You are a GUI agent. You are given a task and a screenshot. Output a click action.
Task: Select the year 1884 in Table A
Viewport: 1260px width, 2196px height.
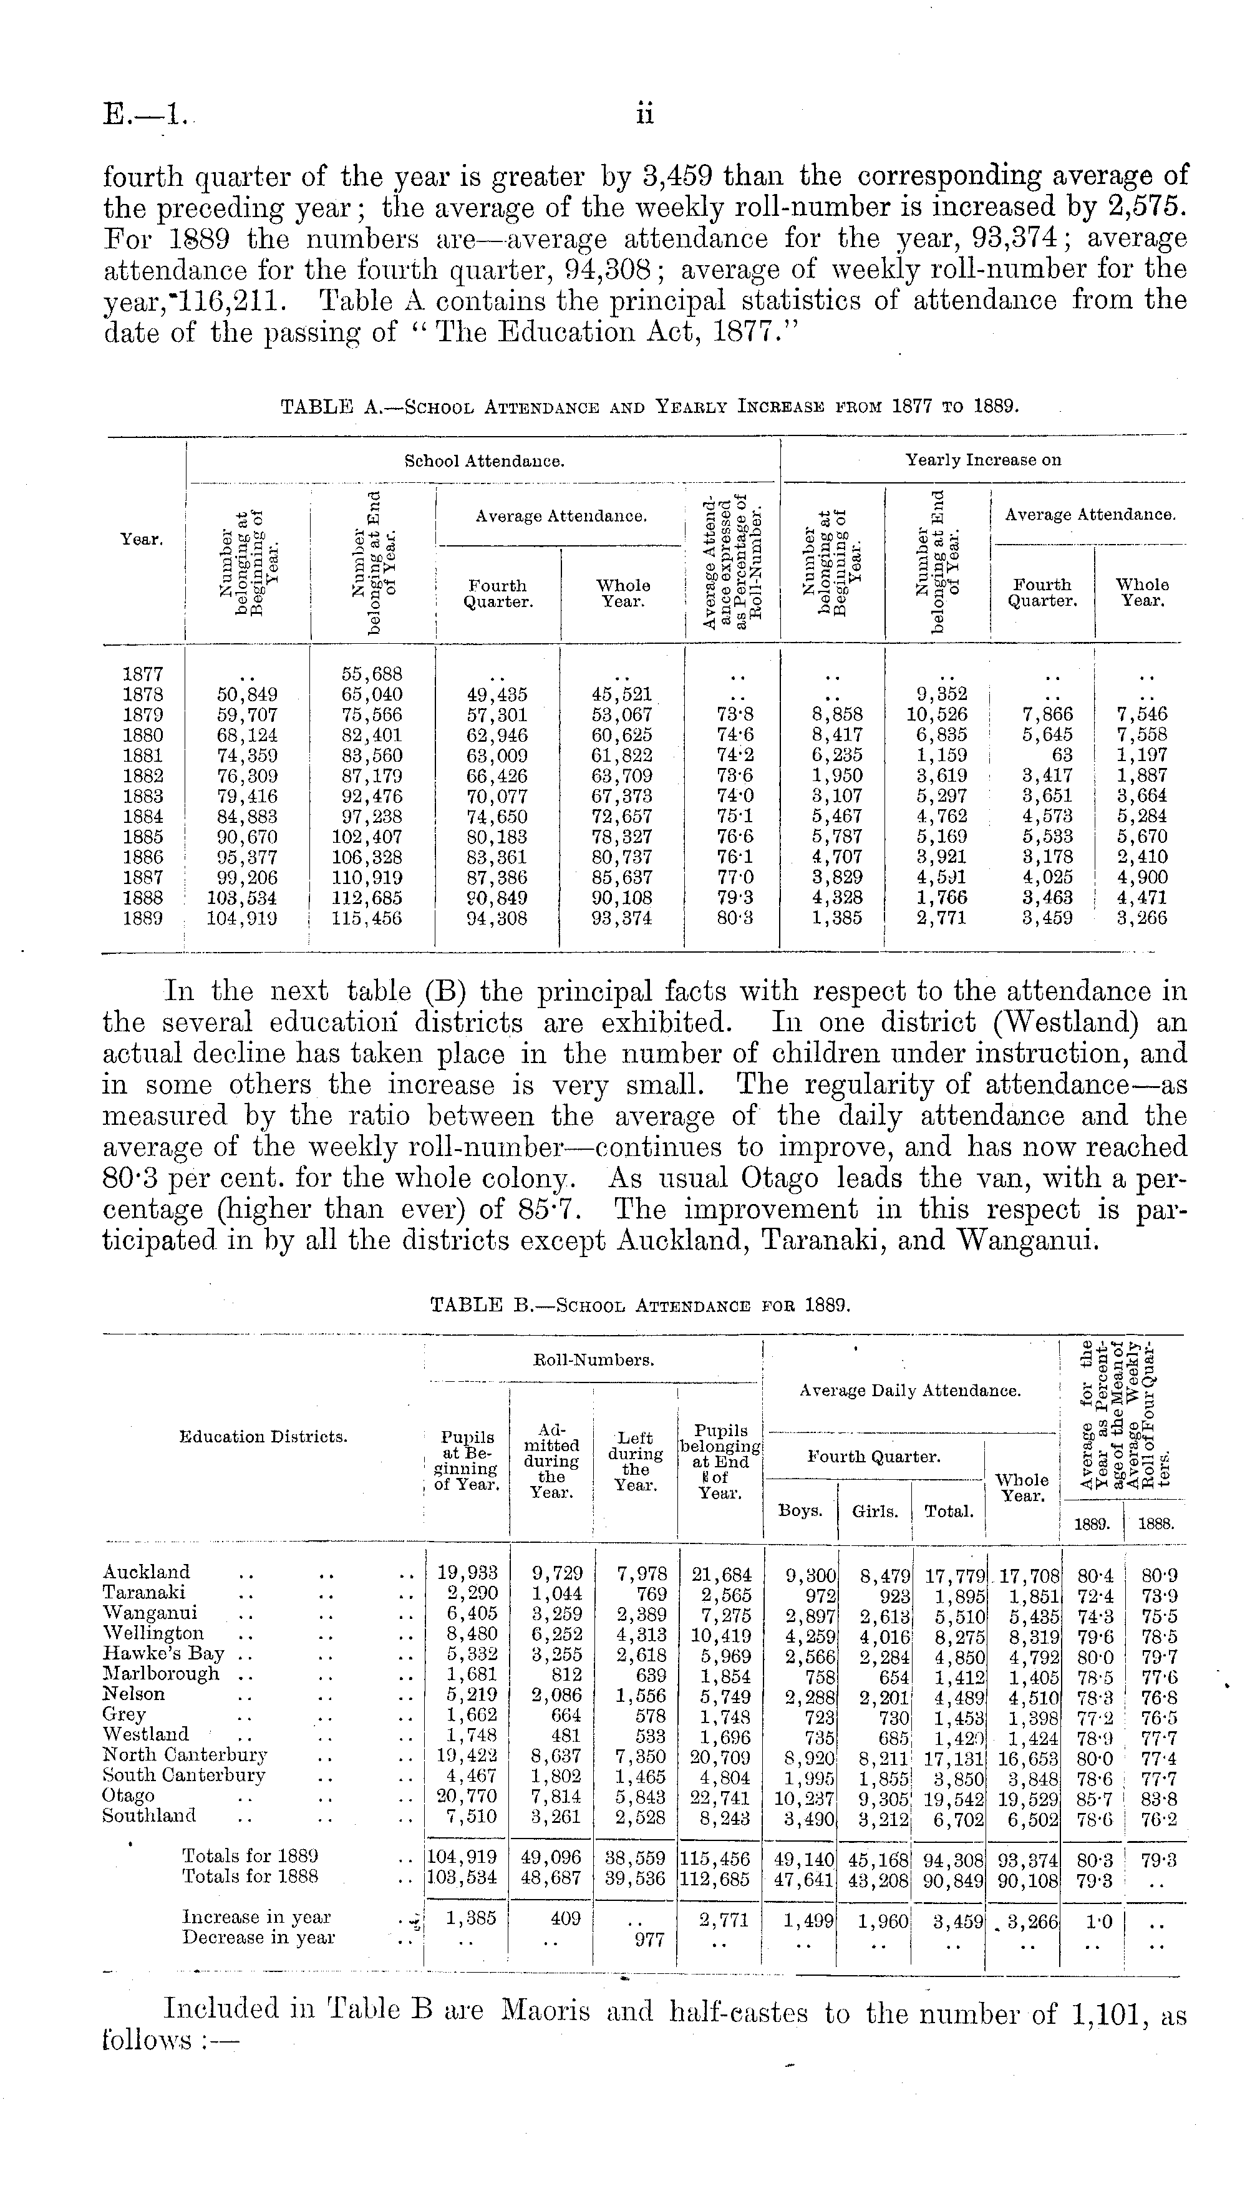[x=143, y=816]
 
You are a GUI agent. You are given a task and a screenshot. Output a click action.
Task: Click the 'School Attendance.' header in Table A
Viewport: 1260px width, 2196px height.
[x=485, y=461]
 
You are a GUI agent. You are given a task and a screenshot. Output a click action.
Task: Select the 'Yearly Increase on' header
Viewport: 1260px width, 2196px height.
[x=983, y=460]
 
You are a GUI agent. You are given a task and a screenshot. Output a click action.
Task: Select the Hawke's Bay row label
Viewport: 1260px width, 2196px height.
[x=163, y=1653]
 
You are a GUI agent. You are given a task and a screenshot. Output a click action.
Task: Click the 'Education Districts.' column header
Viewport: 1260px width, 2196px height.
[x=263, y=1436]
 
